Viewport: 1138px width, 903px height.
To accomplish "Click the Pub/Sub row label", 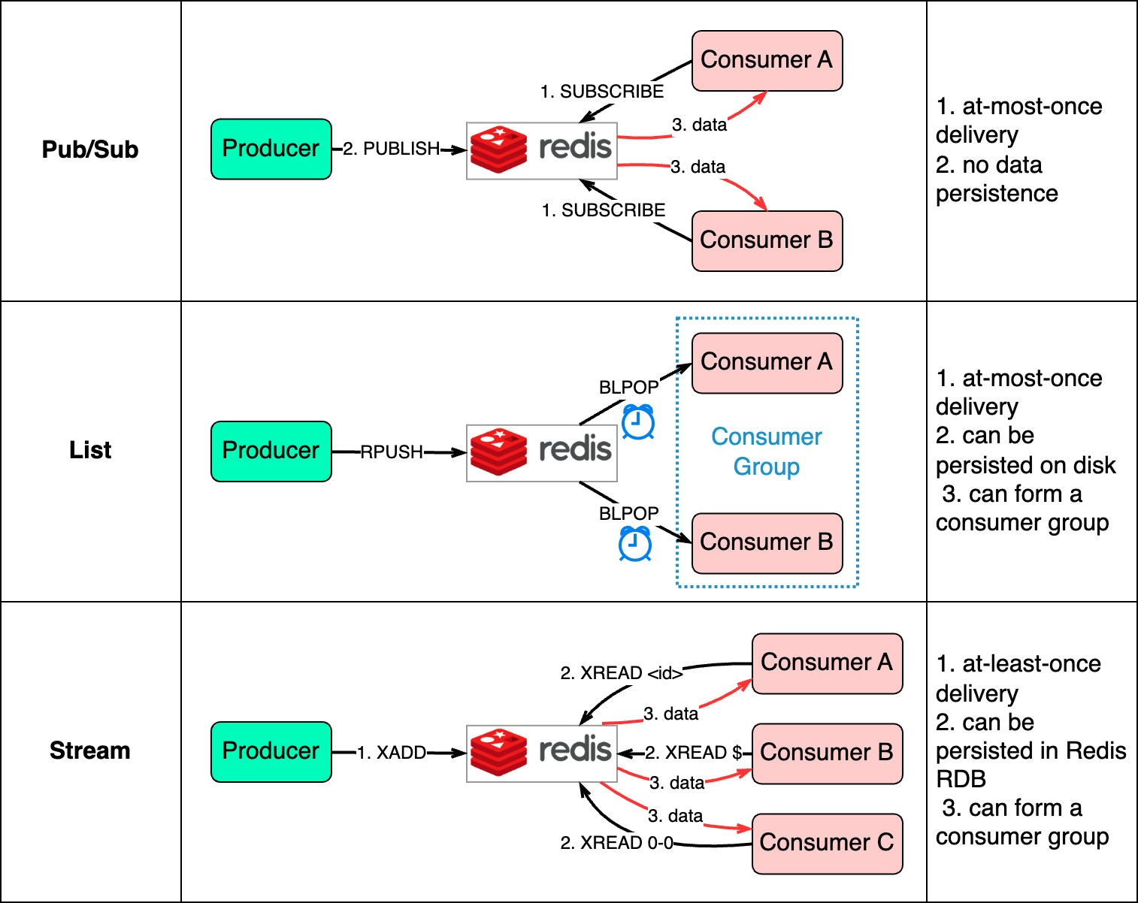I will pyautogui.click(x=90, y=149).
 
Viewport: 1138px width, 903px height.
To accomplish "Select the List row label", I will pyautogui.click(x=90, y=450).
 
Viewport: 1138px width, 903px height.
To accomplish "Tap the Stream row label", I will pyautogui.click(x=90, y=750).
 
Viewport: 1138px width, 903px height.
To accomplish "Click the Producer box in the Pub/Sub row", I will pyautogui.click(x=271, y=149).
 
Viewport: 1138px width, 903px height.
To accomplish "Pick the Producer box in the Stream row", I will pyautogui.click(x=271, y=751).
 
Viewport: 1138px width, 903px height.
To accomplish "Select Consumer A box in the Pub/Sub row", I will pyautogui.click(x=767, y=61).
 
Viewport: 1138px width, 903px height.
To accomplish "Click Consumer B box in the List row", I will pyautogui.click(x=767, y=542).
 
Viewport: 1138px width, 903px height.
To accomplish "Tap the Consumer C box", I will pyautogui.click(x=827, y=843).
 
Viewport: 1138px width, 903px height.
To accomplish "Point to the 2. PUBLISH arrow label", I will pyautogui.click(x=392, y=149).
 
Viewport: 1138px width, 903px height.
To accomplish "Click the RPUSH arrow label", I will pyautogui.click(x=392, y=452).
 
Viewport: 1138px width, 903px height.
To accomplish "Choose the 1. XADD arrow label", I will pyautogui.click(x=392, y=753).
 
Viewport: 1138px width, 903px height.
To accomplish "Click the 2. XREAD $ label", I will pyautogui.click(x=693, y=753).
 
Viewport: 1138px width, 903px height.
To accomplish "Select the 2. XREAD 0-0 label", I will pyautogui.click(x=617, y=843).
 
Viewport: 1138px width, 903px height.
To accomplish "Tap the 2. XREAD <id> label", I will pyautogui.click(x=622, y=673).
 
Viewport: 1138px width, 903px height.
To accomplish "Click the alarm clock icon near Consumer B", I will pyautogui.click(x=635, y=544).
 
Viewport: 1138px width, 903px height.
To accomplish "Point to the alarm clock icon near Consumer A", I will pyautogui.click(x=638, y=422).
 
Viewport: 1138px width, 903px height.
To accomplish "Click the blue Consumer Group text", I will pyautogui.click(x=767, y=451).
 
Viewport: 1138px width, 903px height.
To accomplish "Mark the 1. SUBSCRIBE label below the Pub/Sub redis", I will pyautogui.click(x=604, y=210).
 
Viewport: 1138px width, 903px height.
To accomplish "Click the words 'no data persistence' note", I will pyautogui.click(x=997, y=180).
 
